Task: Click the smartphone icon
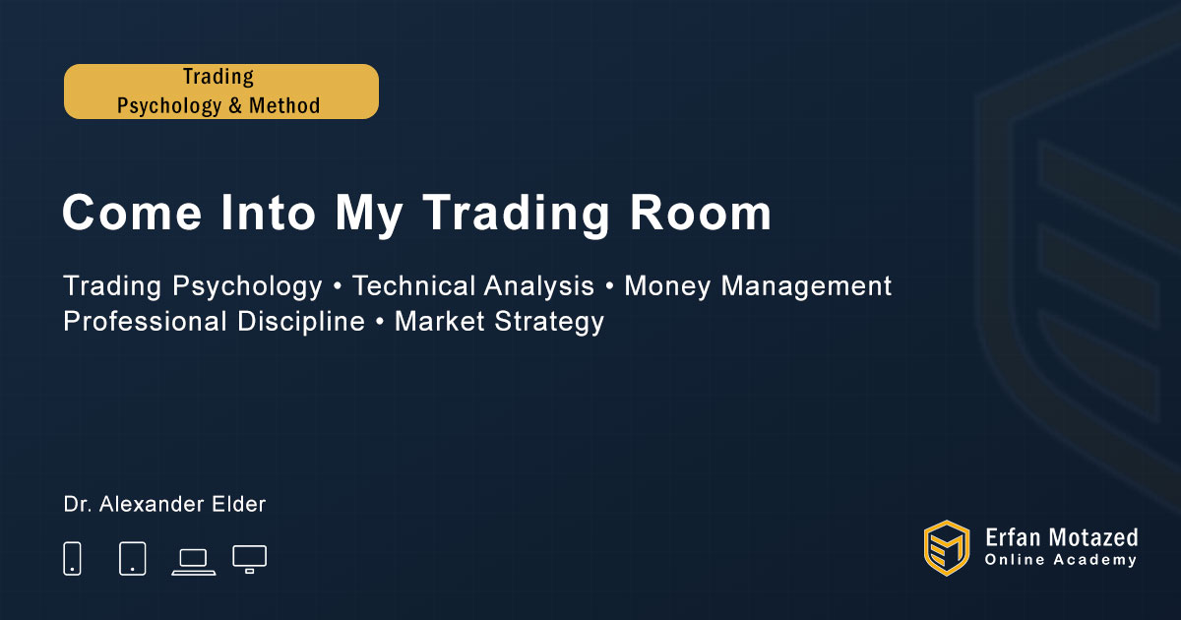[x=72, y=558]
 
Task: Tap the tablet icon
[x=132, y=558]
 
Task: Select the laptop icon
[x=194, y=562]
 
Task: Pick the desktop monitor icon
[x=249, y=559]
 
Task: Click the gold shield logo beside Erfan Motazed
[x=947, y=548]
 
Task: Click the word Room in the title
[x=701, y=213]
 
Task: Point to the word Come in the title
[x=132, y=213]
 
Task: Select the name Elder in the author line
[x=238, y=505]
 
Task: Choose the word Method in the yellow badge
[x=284, y=106]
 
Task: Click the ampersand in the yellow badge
[x=235, y=106]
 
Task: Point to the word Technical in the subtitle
[x=411, y=286]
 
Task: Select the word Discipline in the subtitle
[x=300, y=322]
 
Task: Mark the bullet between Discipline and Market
[x=380, y=323]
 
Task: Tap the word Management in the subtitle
[x=806, y=287]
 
